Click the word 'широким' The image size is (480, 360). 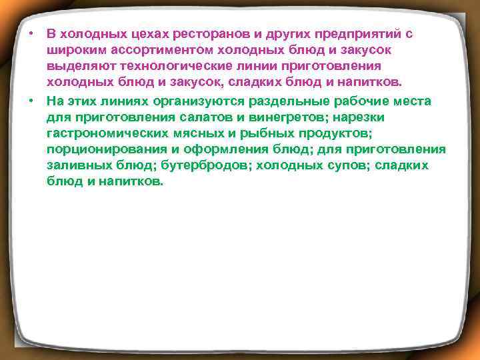pos(73,50)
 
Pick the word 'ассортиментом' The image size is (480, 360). pos(148,50)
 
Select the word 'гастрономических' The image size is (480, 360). pos(99,133)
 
